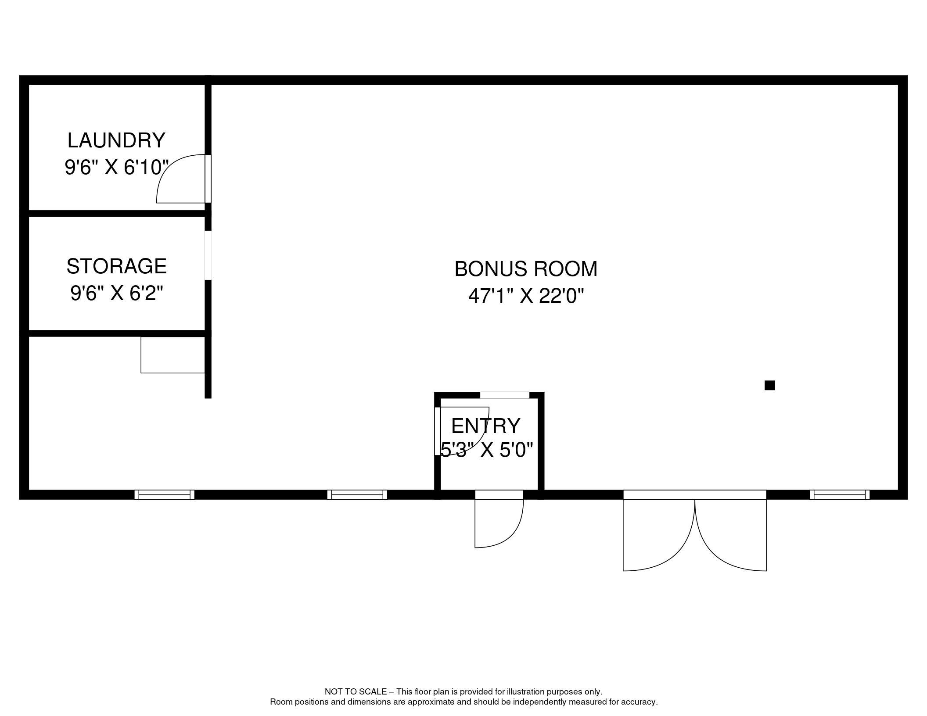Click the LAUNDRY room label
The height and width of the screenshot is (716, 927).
(x=116, y=140)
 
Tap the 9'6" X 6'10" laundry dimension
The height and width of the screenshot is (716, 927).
(x=117, y=167)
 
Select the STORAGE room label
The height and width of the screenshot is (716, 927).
(x=116, y=266)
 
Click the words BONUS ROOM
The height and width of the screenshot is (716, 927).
(x=526, y=269)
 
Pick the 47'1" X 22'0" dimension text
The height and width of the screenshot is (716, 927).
(x=526, y=296)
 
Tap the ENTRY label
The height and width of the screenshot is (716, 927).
(x=485, y=426)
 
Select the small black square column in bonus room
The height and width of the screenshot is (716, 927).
(x=769, y=385)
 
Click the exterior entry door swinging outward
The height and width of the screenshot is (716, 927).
(x=499, y=519)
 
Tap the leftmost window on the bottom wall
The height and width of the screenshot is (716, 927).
(x=164, y=494)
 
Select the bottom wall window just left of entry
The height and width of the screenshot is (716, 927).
(x=357, y=494)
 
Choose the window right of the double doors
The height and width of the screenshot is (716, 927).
(x=839, y=494)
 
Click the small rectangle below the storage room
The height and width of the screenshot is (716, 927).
(x=173, y=354)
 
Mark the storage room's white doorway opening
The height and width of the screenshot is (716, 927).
(x=208, y=255)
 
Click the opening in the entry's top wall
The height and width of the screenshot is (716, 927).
(x=505, y=395)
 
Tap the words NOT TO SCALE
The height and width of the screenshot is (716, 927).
(x=356, y=692)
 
